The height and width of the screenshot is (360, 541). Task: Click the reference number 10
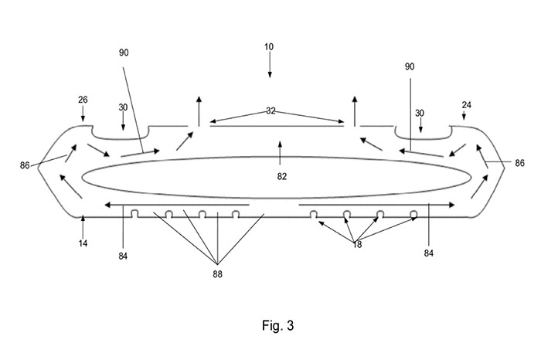coord(268,47)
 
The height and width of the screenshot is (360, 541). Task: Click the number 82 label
coord(281,176)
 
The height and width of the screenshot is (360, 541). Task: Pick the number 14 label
coord(83,243)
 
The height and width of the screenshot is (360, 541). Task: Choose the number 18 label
coord(357,243)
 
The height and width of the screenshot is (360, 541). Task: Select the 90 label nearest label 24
coord(410,67)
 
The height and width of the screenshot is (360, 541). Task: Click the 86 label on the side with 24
coord(519,164)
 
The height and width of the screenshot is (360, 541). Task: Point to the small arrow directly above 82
coord(280,148)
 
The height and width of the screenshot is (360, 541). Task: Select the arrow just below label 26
coord(83,115)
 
